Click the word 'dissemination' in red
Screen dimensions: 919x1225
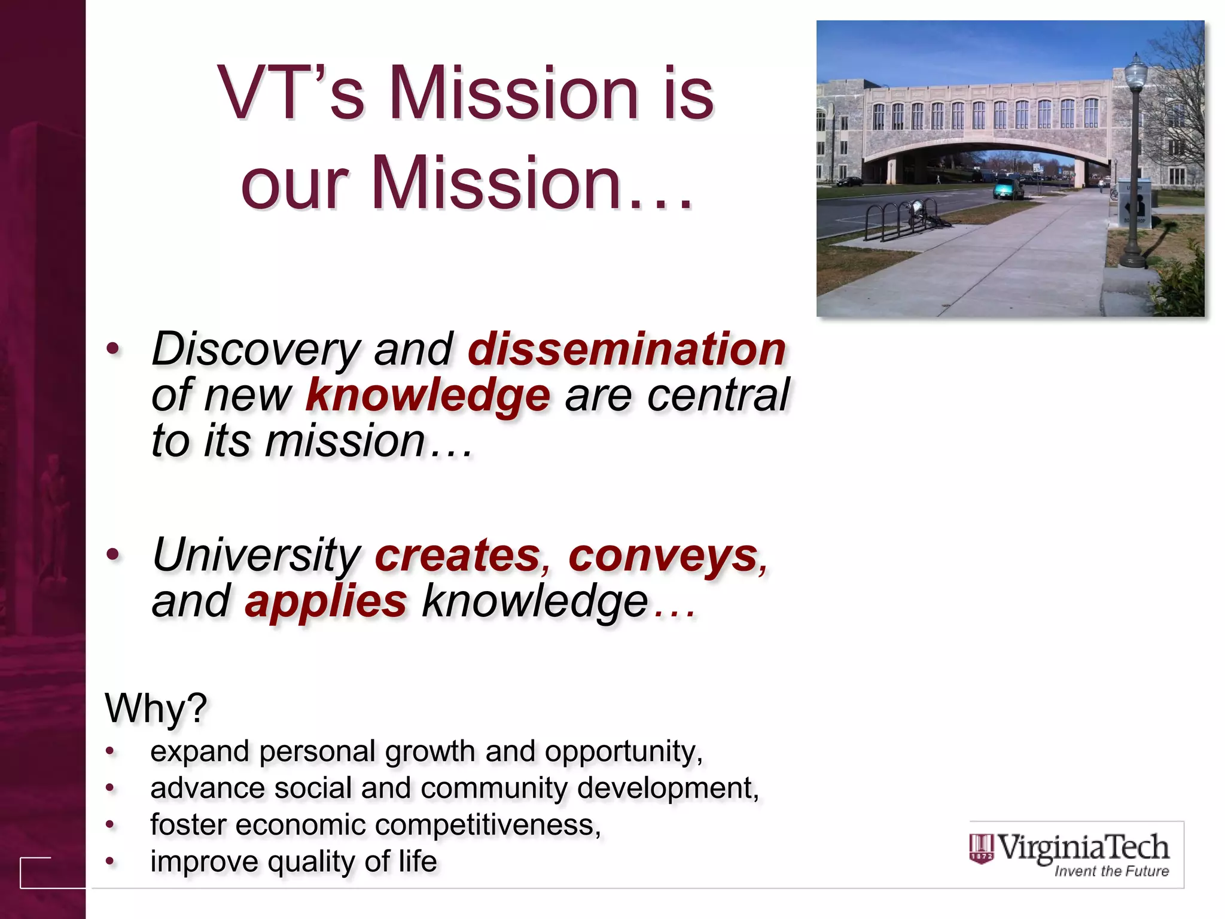pyautogui.click(x=626, y=349)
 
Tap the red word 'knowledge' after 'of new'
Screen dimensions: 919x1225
pyautogui.click(x=427, y=395)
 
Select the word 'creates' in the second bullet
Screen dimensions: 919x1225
pyautogui.click(x=457, y=556)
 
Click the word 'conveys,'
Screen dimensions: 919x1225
pyautogui.click(x=667, y=556)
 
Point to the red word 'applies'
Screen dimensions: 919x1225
pyautogui.click(x=325, y=601)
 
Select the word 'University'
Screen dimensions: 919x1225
pyautogui.click(x=256, y=556)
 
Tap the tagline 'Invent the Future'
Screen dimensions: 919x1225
pyautogui.click(x=1111, y=871)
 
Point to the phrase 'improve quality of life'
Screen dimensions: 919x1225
pyautogui.click(x=293, y=862)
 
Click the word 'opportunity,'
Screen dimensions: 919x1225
pyautogui.click(x=623, y=751)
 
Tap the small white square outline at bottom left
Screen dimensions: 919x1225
pyautogui.click(x=36, y=872)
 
